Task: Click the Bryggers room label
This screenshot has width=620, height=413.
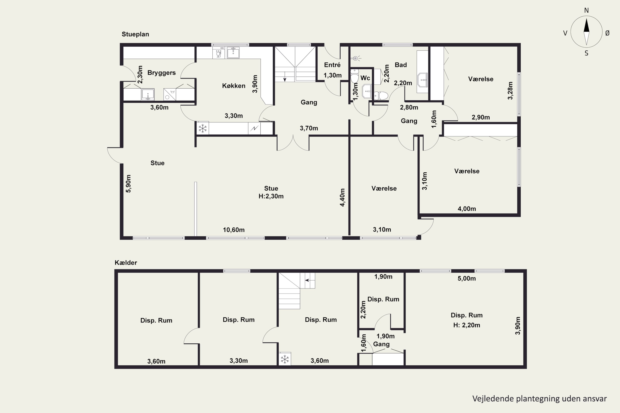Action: click(x=161, y=73)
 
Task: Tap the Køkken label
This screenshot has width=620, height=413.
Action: click(x=234, y=86)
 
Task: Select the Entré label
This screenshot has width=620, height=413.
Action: click(x=332, y=65)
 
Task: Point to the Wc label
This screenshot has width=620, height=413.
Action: click(x=365, y=78)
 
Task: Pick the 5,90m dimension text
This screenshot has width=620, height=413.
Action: click(x=128, y=184)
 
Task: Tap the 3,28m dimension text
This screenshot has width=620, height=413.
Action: click(x=510, y=91)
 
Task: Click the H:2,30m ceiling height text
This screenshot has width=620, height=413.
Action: click(x=271, y=196)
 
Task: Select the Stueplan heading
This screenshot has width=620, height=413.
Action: click(x=135, y=34)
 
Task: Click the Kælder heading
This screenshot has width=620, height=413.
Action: click(x=126, y=263)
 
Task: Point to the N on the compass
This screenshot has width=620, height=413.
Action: click(x=586, y=11)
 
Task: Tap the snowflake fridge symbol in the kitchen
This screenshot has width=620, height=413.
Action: click(x=203, y=128)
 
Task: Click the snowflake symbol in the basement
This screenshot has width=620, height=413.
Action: click(x=285, y=359)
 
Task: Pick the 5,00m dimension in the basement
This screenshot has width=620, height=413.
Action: click(x=467, y=279)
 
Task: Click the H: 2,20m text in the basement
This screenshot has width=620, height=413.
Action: click(x=467, y=325)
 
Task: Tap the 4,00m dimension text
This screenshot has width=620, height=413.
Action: click(x=467, y=209)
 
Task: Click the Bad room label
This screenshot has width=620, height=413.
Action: click(x=401, y=65)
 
